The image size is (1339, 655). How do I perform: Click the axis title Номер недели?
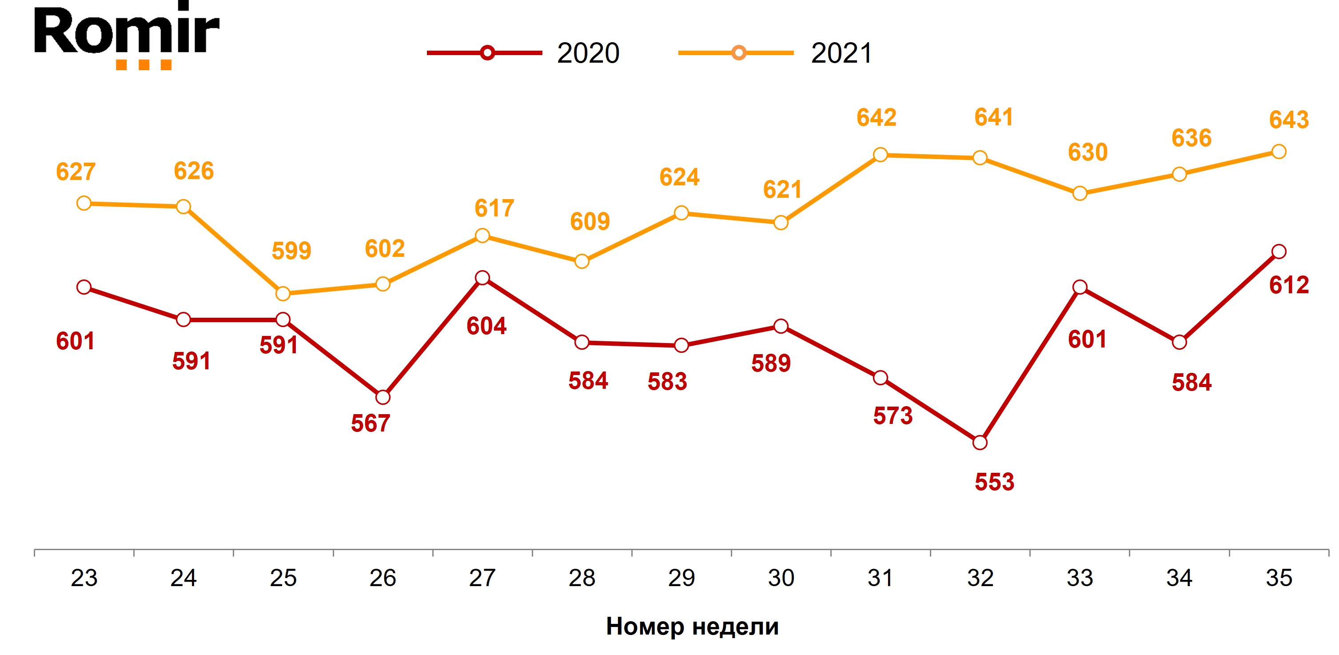click(x=692, y=627)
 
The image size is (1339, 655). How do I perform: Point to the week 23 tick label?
click(x=84, y=578)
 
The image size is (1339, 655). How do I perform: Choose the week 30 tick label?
click(x=781, y=578)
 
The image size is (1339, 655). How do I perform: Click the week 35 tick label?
click(x=1279, y=578)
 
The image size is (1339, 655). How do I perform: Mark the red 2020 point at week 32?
click(x=980, y=443)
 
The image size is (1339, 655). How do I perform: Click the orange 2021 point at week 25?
click(x=283, y=294)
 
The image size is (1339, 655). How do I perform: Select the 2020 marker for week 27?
click(x=482, y=278)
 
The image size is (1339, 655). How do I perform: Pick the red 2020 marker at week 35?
click(x=1279, y=252)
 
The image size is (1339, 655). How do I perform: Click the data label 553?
click(x=994, y=482)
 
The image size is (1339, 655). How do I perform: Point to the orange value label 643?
click(x=1289, y=120)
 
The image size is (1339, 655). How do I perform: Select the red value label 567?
click(x=370, y=423)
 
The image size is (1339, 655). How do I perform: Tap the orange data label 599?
click(x=291, y=251)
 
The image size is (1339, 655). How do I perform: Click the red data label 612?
click(x=1289, y=285)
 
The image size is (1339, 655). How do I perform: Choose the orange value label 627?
click(x=76, y=172)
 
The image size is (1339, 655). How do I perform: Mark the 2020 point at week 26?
click(x=383, y=397)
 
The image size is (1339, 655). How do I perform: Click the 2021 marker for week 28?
click(x=582, y=261)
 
